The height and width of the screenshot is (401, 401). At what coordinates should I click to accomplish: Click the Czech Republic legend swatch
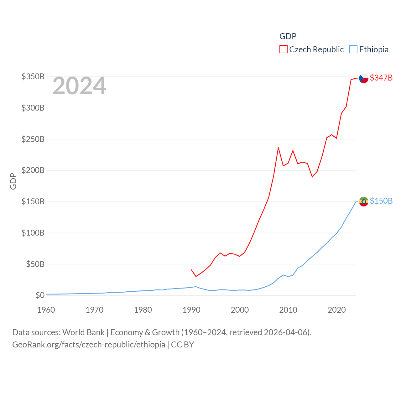pyautogui.click(x=284, y=49)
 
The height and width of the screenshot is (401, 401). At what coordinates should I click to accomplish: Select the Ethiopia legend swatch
pyautogui.click(x=353, y=49)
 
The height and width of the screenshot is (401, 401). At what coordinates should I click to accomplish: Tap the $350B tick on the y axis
pyautogui.click(x=33, y=76)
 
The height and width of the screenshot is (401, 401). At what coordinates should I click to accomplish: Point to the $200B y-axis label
pyautogui.click(x=33, y=170)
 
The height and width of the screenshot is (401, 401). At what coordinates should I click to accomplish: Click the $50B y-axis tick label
pyautogui.click(x=35, y=264)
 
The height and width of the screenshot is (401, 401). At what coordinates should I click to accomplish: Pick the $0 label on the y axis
pyautogui.click(x=40, y=295)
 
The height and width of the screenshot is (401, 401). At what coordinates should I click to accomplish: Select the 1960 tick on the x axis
pyautogui.click(x=46, y=310)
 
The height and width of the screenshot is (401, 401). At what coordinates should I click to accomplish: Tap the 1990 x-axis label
pyautogui.click(x=191, y=310)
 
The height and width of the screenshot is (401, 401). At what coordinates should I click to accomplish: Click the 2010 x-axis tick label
pyautogui.click(x=288, y=310)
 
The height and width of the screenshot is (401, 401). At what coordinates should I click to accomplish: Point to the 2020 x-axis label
pyautogui.click(x=337, y=310)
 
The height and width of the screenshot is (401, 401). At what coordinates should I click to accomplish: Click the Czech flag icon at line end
pyautogui.click(x=364, y=78)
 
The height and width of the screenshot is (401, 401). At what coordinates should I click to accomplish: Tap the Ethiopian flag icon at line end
pyautogui.click(x=364, y=201)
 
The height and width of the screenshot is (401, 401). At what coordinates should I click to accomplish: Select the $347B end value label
pyautogui.click(x=381, y=78)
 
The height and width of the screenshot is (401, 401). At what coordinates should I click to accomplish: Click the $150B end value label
pyautogui.click(x=381, y=201)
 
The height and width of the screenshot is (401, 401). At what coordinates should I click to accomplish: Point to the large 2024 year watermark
pyautogui.click(x=79, y=86)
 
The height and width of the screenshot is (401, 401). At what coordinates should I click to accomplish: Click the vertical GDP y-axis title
pyautogui.click(x=13, y=181)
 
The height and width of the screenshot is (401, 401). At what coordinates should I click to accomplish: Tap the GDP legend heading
pyautogui.click(x=288, y=36)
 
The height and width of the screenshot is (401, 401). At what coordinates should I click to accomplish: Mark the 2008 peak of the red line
pyautogui.click(x=278, y=148)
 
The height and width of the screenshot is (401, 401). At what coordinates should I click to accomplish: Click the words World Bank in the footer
pyautogui.click(x=83, y=332)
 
